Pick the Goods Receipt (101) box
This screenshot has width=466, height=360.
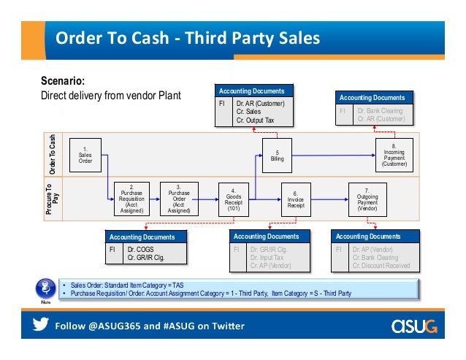coord(233,198)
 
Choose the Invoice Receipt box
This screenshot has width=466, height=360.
coord(296,198)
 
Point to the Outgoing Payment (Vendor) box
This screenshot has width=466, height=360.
coord(367,198)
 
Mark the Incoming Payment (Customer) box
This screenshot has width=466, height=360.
coord(394,154)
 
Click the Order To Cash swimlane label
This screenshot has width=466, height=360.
coord(53,153)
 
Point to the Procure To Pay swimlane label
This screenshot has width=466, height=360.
coord(53,198)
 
